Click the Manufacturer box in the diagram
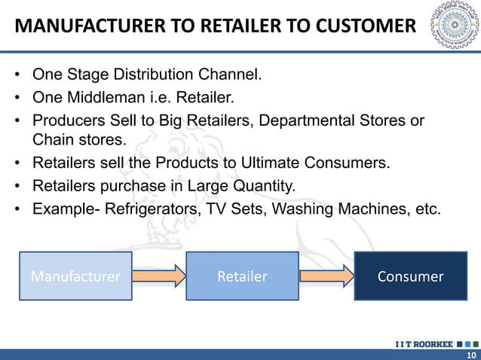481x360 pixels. pos(75,276)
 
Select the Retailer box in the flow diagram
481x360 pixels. pos(242,276)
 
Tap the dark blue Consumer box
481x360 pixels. pos(410,276)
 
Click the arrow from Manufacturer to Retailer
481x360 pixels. pos(159,276)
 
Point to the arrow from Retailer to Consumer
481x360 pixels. pos(326,276)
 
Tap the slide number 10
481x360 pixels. pos(471,355)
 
